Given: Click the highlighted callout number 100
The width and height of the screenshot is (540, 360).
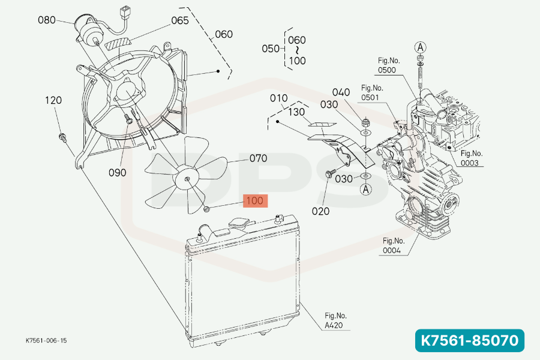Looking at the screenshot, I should click(255, 200).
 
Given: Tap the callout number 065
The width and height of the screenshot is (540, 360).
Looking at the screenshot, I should click(180, 20).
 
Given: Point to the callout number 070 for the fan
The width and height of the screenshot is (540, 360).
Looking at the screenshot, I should click(258, 159).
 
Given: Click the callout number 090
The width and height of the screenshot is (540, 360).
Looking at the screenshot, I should click(118, 172).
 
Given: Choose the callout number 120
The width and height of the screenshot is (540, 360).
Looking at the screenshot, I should click(53, 100).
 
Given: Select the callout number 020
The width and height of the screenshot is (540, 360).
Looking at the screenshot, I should click(322, 211).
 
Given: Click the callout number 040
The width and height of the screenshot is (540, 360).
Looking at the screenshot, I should click(341, 92).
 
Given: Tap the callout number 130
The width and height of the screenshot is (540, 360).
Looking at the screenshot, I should click(296, 112).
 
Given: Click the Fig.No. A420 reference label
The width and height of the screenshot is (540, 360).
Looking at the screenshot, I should click(335, 320).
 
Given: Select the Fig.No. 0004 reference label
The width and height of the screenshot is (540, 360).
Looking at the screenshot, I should click(394, 246).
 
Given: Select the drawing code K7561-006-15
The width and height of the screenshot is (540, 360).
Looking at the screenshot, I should click(46, 340).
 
